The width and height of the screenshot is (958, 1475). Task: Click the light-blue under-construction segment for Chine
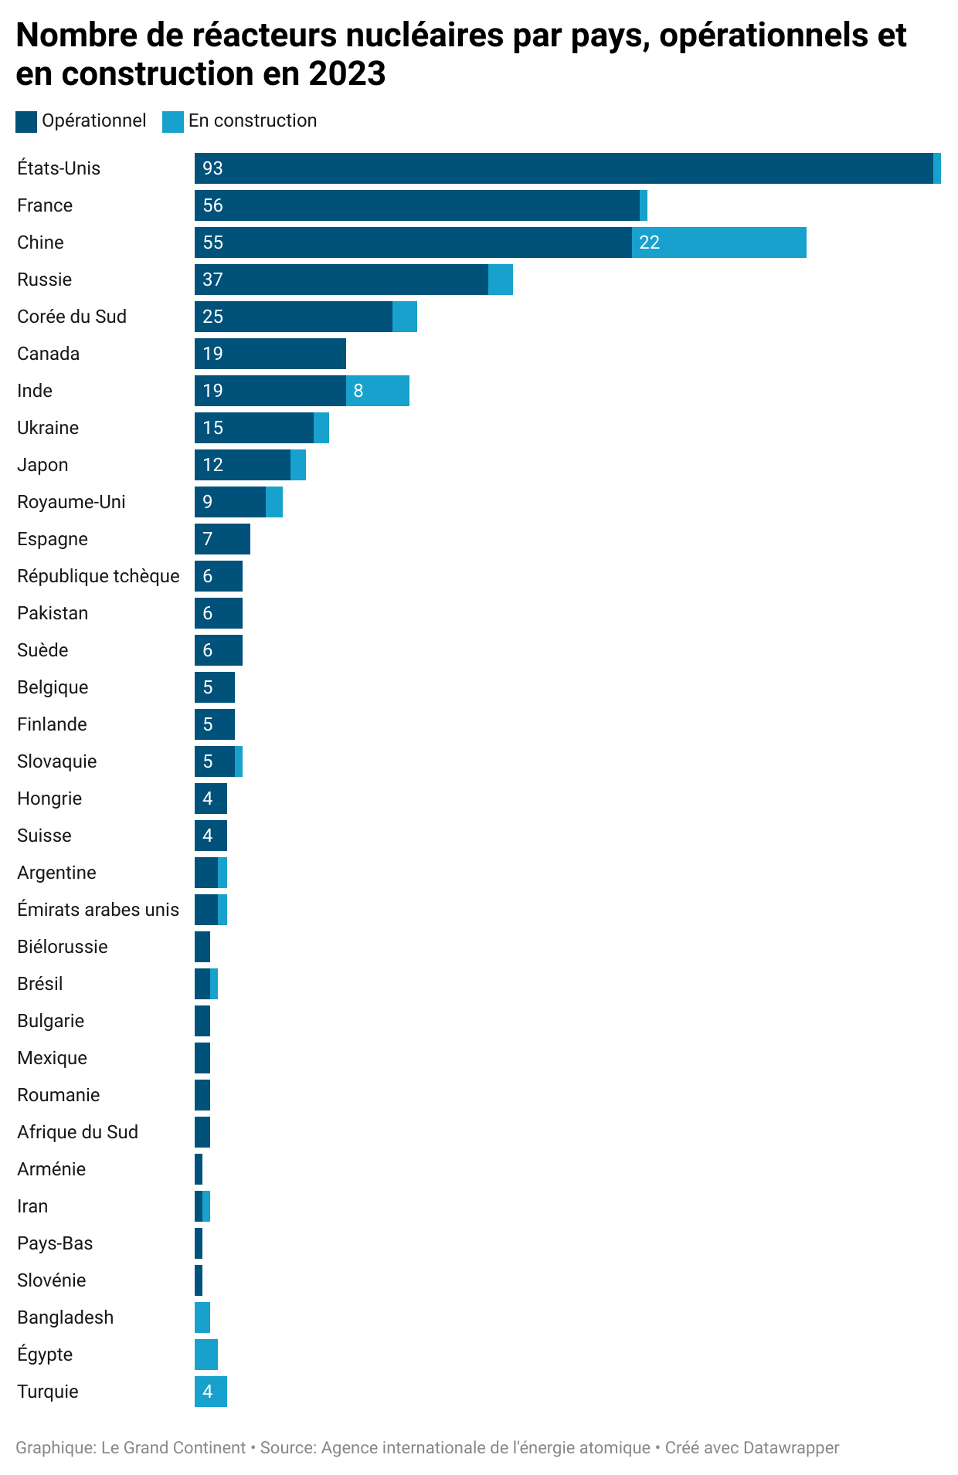718,242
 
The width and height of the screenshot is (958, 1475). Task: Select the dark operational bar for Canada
270,354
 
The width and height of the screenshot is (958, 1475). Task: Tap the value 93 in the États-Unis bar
212,168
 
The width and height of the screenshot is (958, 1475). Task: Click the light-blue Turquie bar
211,1392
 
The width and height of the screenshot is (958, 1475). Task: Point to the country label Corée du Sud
72,317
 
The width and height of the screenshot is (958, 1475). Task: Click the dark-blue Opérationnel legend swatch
26,121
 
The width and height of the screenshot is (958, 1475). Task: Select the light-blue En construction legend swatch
173,121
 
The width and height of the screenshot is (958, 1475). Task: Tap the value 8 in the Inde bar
358,391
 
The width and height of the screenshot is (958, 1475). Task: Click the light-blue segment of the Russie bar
500,280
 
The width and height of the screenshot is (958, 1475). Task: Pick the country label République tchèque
98,576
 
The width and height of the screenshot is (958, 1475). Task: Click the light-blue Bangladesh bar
202,1317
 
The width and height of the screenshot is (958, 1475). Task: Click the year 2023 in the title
346,74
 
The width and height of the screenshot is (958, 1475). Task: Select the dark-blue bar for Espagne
223,539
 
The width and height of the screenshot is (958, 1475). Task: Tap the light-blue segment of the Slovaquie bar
239,761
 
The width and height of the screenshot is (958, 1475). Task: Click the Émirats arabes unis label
98,910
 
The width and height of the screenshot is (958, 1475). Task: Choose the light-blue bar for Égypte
206,1355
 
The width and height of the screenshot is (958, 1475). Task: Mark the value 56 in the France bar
212,205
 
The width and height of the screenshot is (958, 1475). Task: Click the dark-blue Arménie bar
199,1169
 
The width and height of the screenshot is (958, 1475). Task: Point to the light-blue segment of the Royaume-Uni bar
274,502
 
